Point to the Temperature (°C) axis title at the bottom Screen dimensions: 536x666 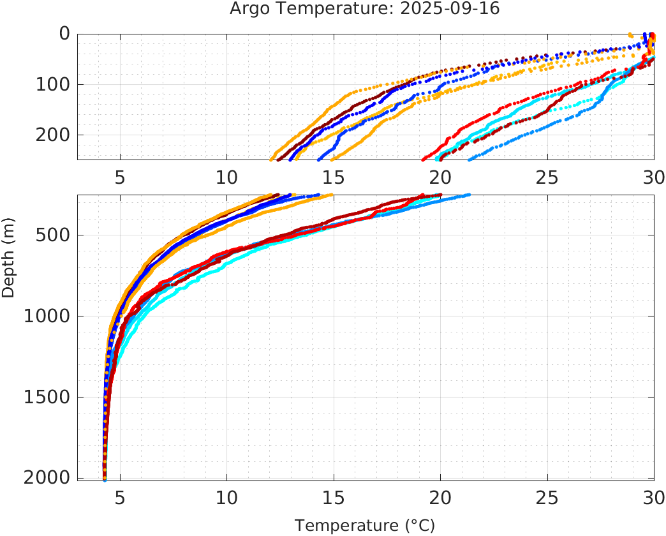pos(365,526)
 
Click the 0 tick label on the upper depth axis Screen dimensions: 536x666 pos(64,33)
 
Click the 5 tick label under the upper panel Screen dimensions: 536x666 pos(120,175)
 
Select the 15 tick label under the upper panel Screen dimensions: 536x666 pos(334,175)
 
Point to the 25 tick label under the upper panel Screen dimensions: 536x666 pos(547,175)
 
